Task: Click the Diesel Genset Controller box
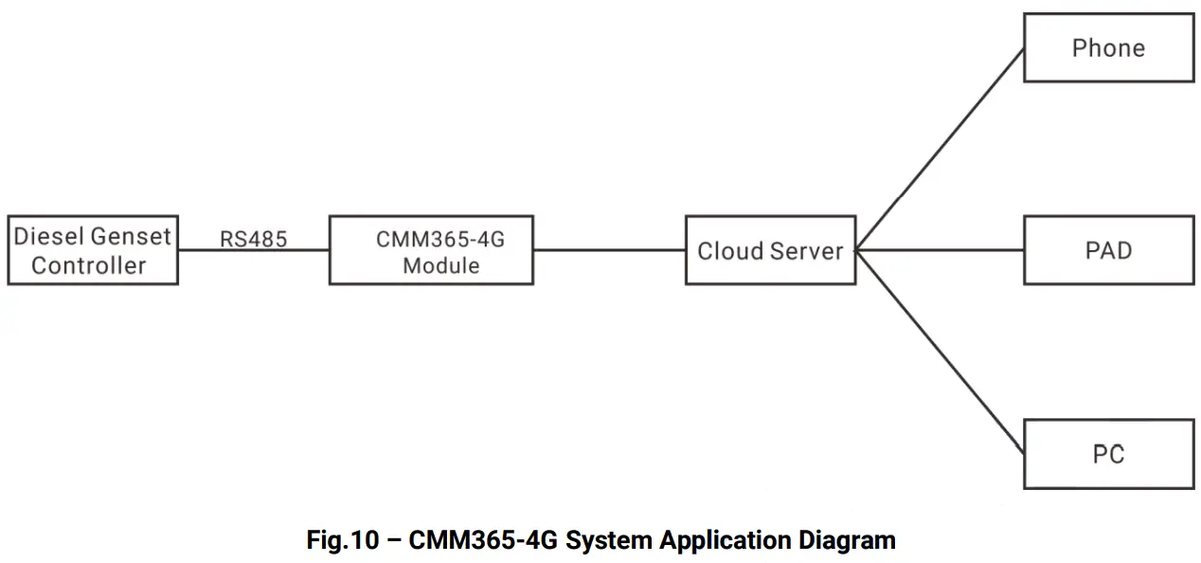pos(93,250)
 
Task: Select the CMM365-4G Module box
pos(431,250)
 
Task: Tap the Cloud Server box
pos(770,250)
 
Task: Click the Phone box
pos(1108,47)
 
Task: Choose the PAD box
pos(1108,250)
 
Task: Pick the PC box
pos(1108,454)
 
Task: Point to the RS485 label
pos(253,239)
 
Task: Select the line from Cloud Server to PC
pos(940,352)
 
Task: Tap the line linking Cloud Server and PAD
pos(940,250)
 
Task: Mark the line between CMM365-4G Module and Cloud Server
pos(609,250)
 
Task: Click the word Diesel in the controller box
pos(49,236)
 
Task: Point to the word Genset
pos(132,236)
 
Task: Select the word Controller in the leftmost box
pos(89,265)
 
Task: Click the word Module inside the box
pos(440,266)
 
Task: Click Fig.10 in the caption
pos(342,540)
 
